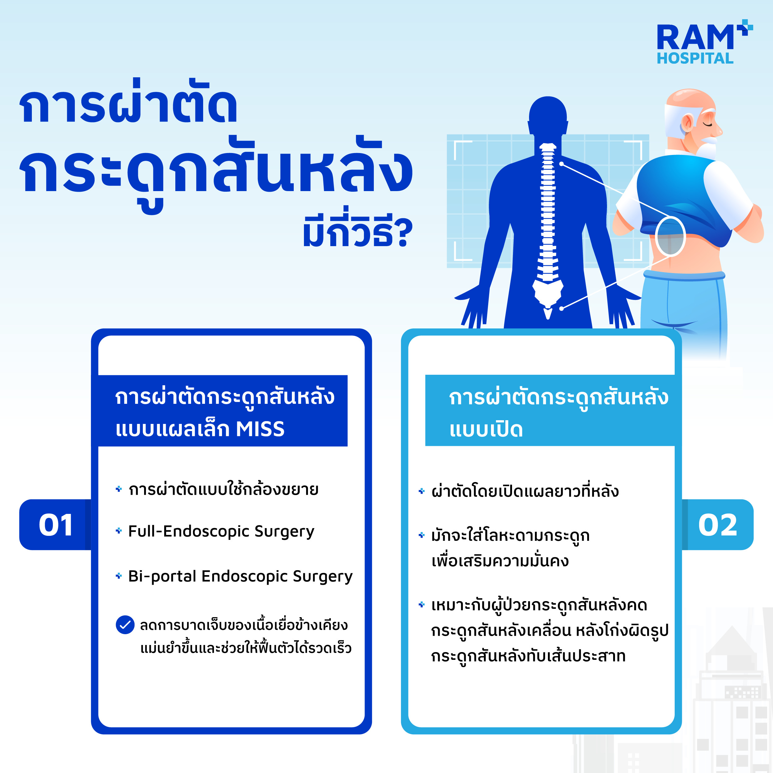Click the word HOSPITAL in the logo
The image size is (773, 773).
click(695, 58)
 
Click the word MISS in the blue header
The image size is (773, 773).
click(260, 429)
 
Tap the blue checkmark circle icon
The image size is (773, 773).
click(125, 625)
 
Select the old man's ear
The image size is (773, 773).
click(686, 122)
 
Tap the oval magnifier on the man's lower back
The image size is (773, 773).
click(671, 237)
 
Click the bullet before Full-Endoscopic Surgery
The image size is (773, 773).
click(118, 531)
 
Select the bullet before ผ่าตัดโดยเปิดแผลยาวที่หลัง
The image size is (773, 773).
click(421, 491)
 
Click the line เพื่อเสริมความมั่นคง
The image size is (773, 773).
click(500, 561)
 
